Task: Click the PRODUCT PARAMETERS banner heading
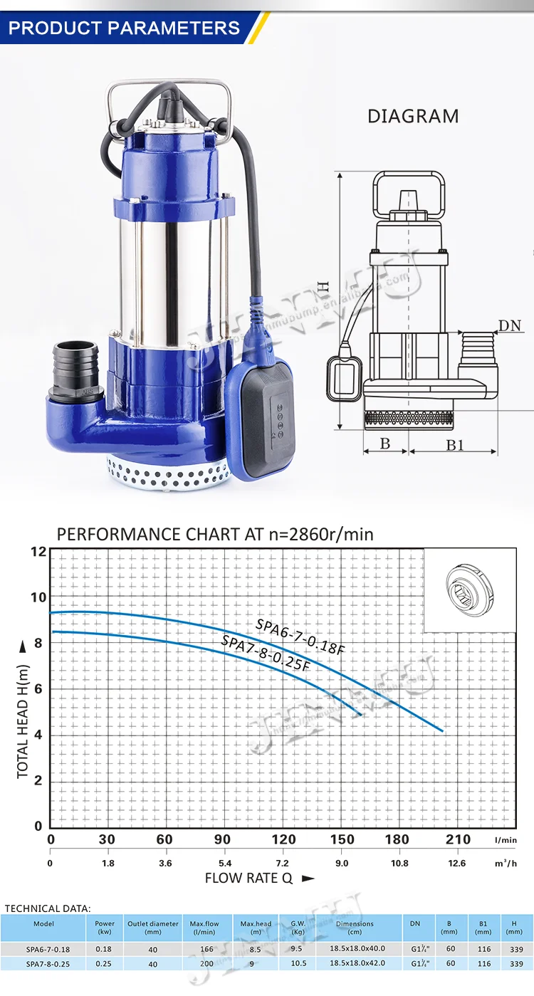tap(125, 28)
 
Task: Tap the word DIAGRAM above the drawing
tap(413, 117)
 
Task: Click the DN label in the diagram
tap(510, 326)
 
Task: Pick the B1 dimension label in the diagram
tap(455, 445)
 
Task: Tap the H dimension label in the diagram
tap(324, 287)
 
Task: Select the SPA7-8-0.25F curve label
tap(266, 653)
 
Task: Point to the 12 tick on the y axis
tap(38, 552)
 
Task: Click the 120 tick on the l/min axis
tap(283, 839)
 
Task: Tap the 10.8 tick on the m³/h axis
tap(399, 864)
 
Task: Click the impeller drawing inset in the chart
tap(470, 590)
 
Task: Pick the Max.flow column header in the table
tap(204, 928)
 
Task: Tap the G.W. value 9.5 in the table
tap(298, 949)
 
